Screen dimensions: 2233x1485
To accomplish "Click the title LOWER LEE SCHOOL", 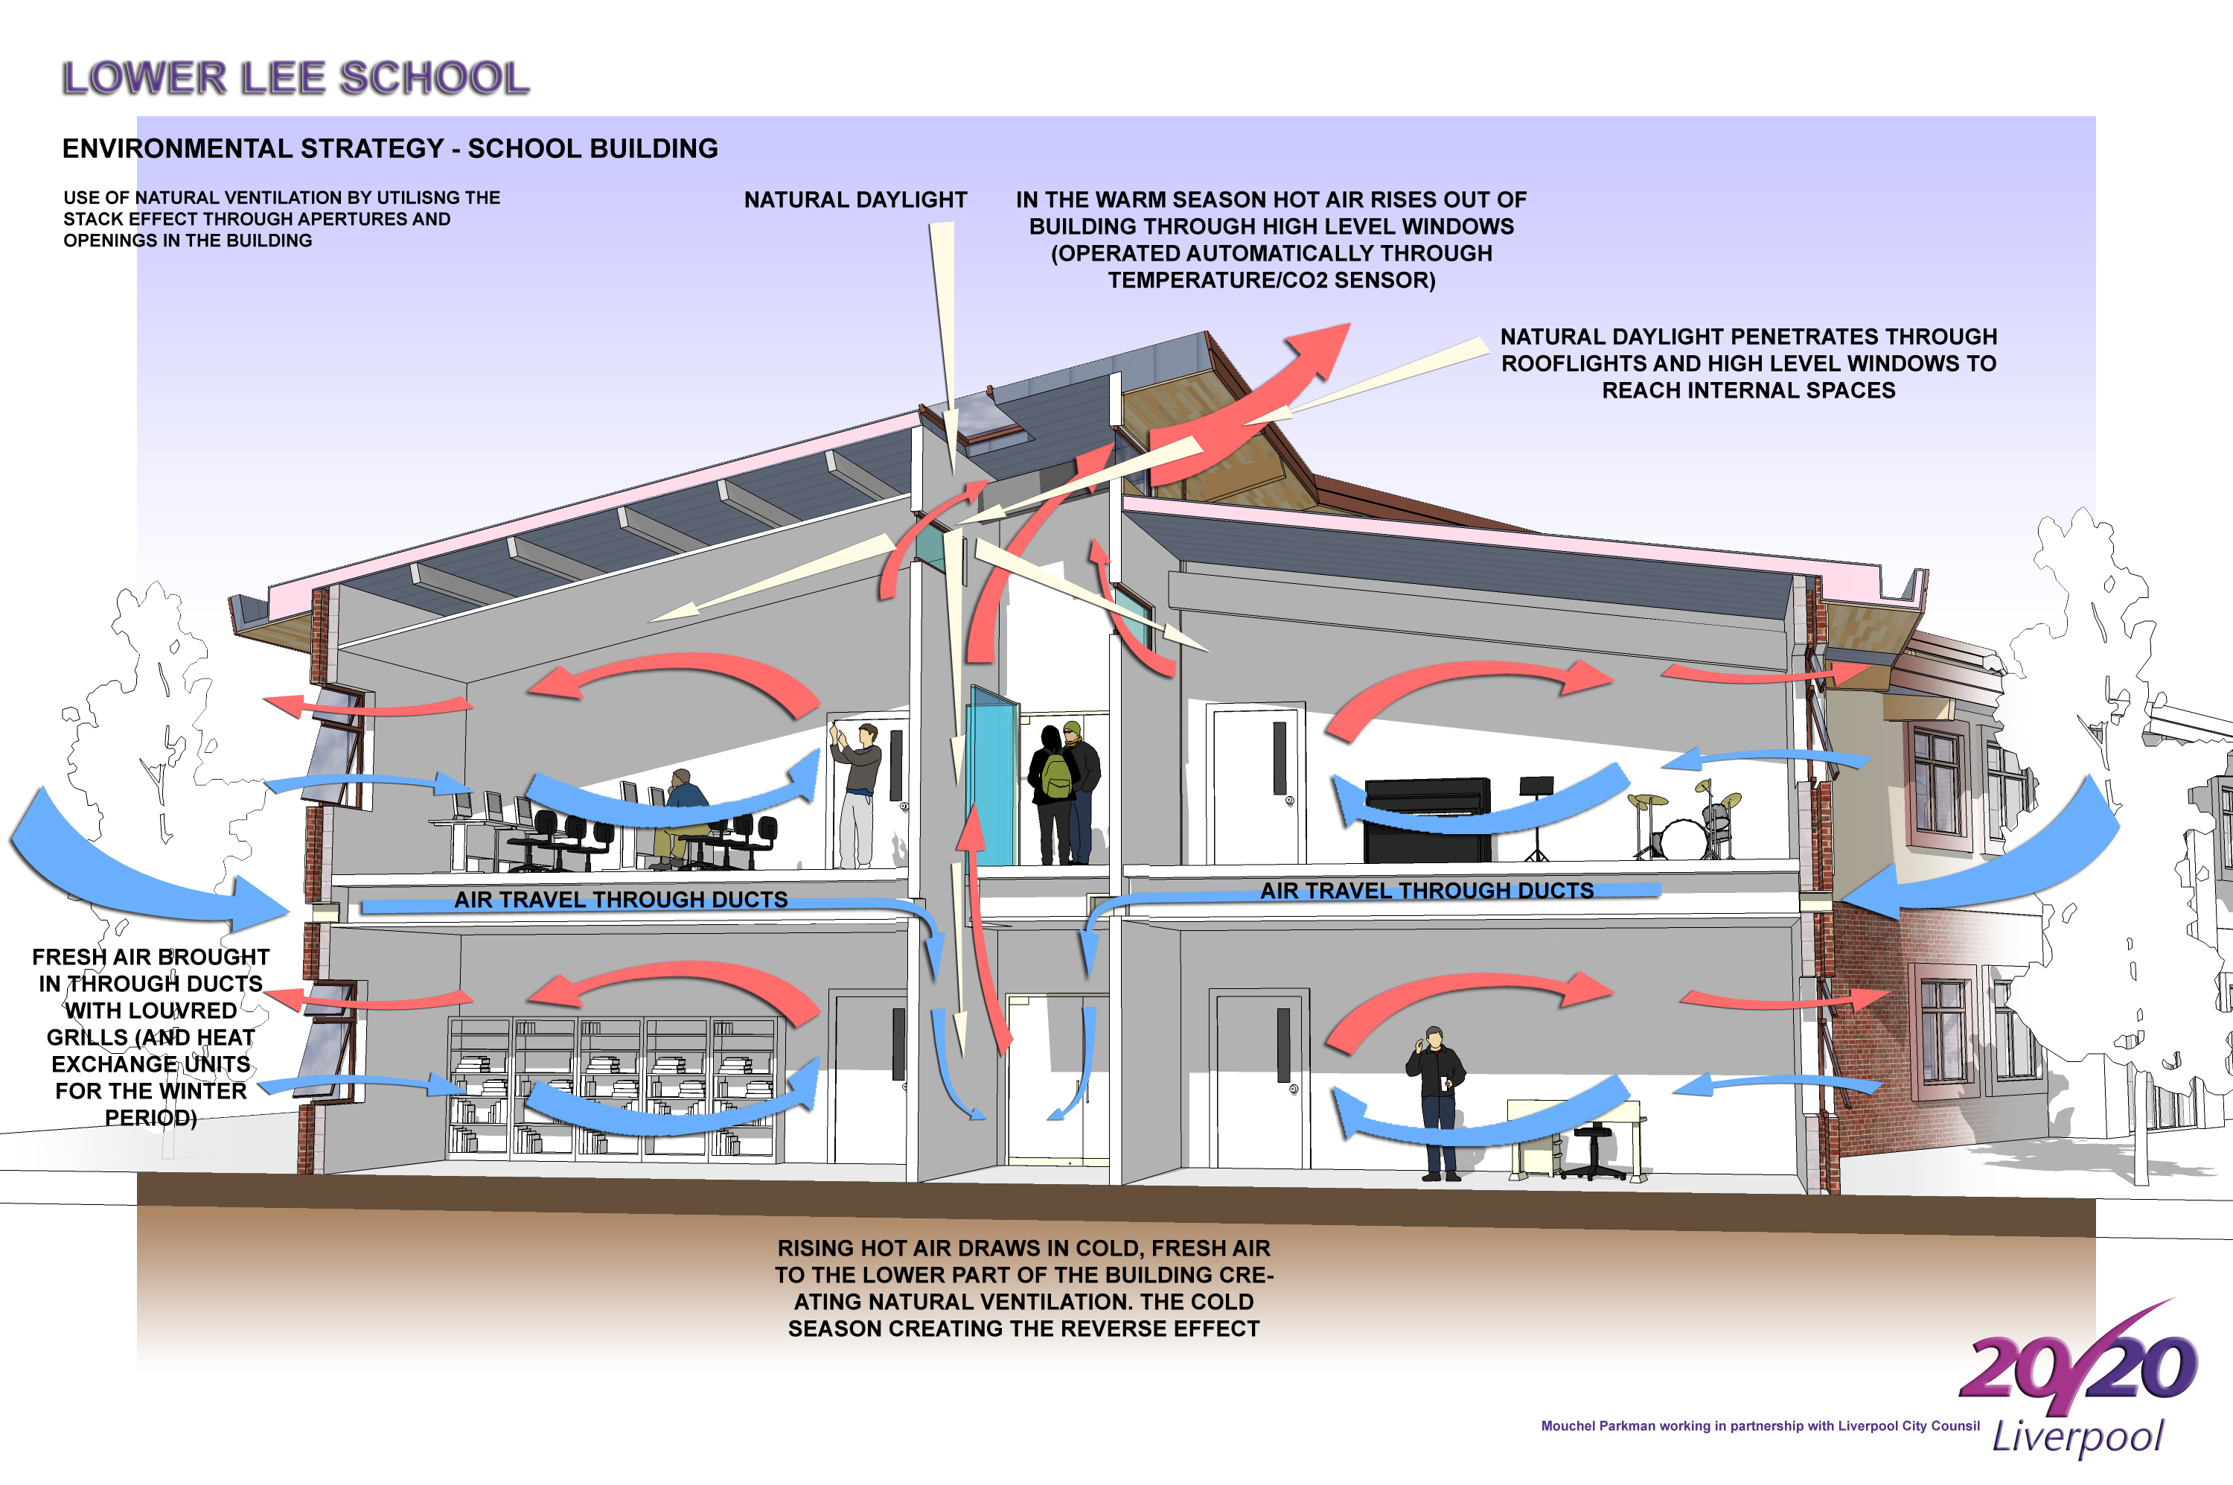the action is tap(296, 77).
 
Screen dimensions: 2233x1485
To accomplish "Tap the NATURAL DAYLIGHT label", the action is tap(856, 200).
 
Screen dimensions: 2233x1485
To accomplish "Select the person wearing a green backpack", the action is tap(1052, 794).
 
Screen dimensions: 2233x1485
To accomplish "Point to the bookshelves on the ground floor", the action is tap(610, 1089).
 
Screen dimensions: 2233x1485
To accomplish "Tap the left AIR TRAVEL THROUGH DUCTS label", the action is tap(621, 900).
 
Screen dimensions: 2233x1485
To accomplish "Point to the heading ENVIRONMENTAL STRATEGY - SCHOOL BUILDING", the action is tap(390, 149).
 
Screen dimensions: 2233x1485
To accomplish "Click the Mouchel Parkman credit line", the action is tap(1760, 1426).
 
